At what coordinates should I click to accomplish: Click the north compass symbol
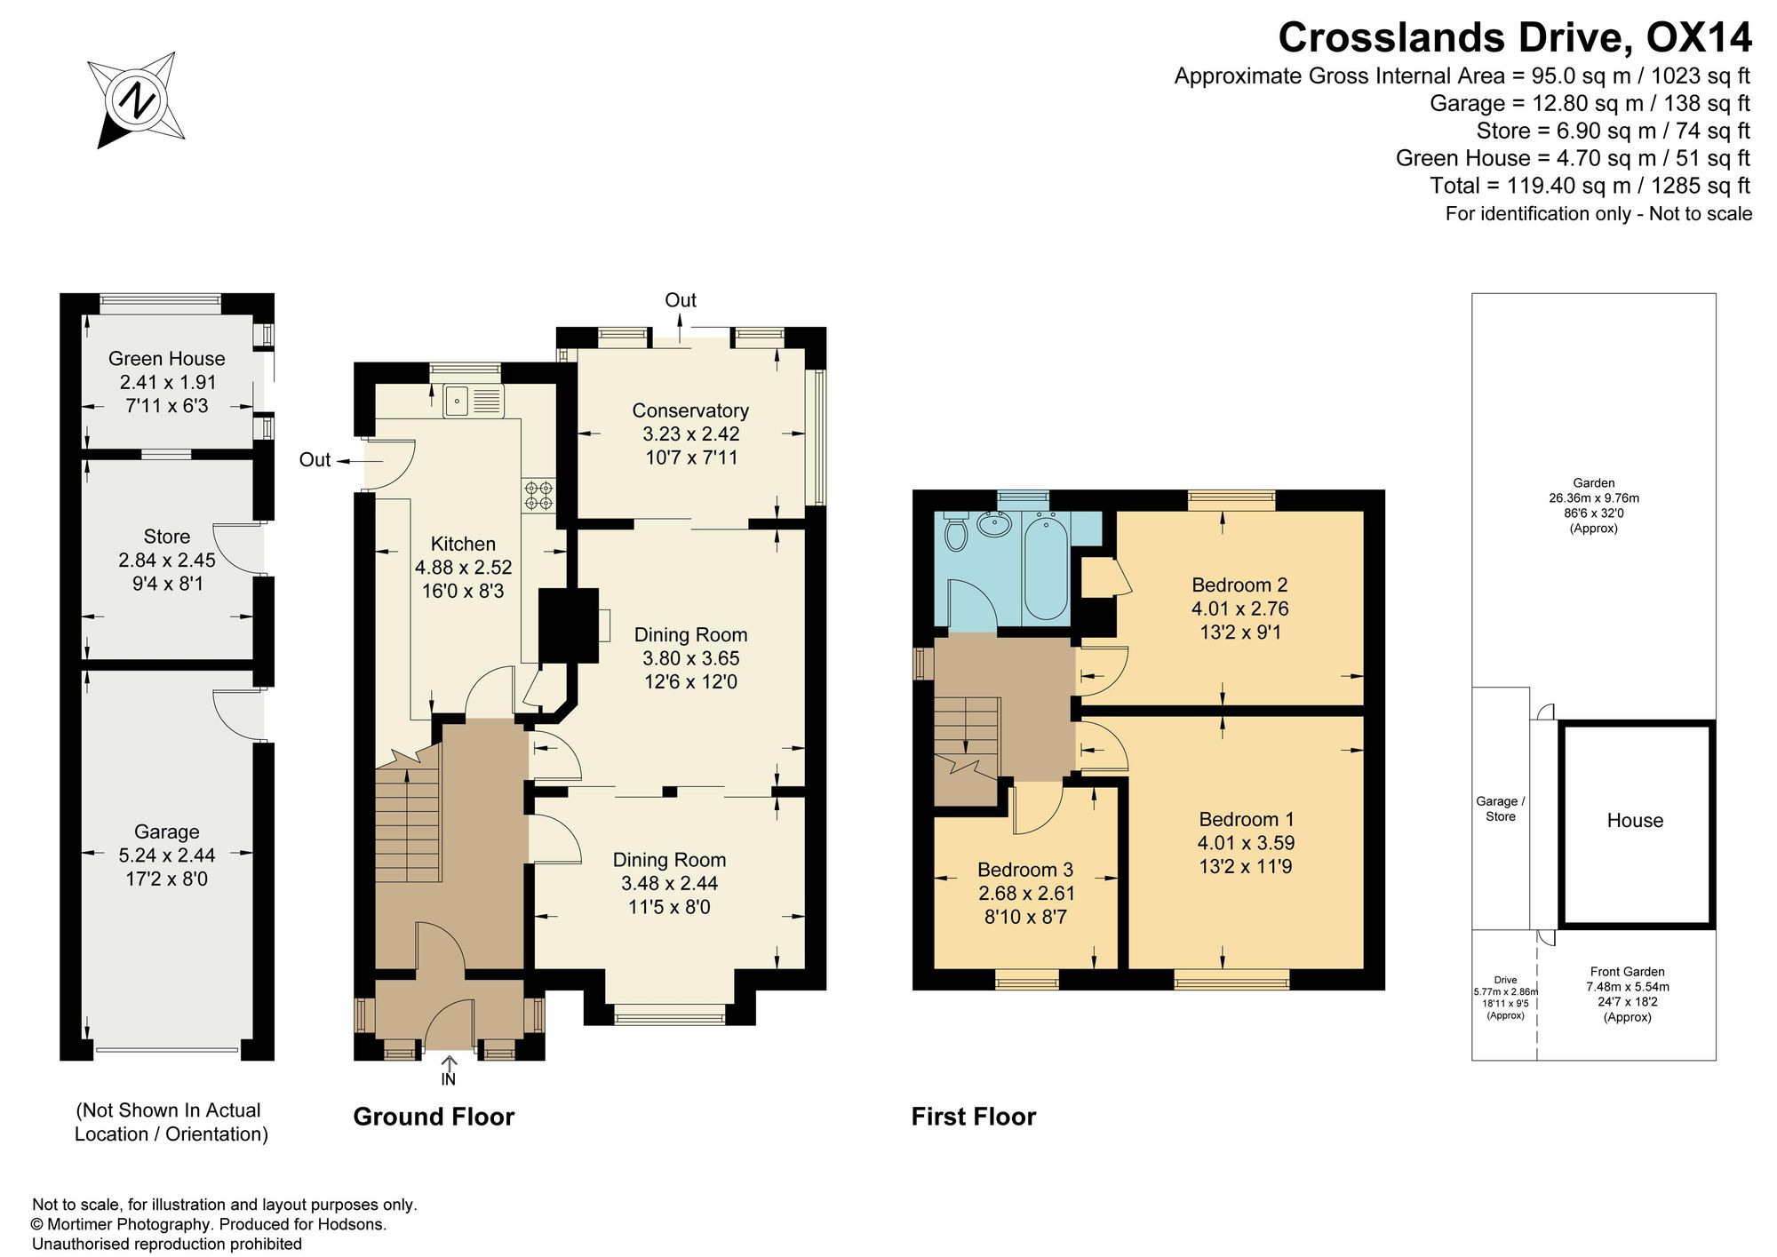coord(138,99)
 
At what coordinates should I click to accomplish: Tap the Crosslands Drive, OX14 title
coord(1515,37)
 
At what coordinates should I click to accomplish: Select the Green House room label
coord(167,359)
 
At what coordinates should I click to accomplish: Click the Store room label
coord(167,537)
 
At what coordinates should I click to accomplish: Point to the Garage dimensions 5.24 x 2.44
coord(167,855)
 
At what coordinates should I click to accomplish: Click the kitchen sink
coord(474,402)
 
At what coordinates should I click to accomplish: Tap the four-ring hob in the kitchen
coord(538,496)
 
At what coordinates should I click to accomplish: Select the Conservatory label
coord(690,410)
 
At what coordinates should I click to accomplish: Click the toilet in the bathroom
coord(956,531)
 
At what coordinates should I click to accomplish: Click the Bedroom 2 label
coord(1239,585)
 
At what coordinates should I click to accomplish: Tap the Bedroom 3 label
coord(1025,870)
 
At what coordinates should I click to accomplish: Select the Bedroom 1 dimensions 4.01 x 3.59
coord(1247,843)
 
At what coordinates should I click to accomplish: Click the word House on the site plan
coord(1635,821)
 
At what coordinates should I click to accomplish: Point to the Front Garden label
coord(1627,972)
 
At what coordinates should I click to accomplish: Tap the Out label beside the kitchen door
coord(315,460)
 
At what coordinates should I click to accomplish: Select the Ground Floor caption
coord(434,1117)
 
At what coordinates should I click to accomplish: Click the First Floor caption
coord(974,1117)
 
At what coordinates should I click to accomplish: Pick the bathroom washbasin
coord(995,524)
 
